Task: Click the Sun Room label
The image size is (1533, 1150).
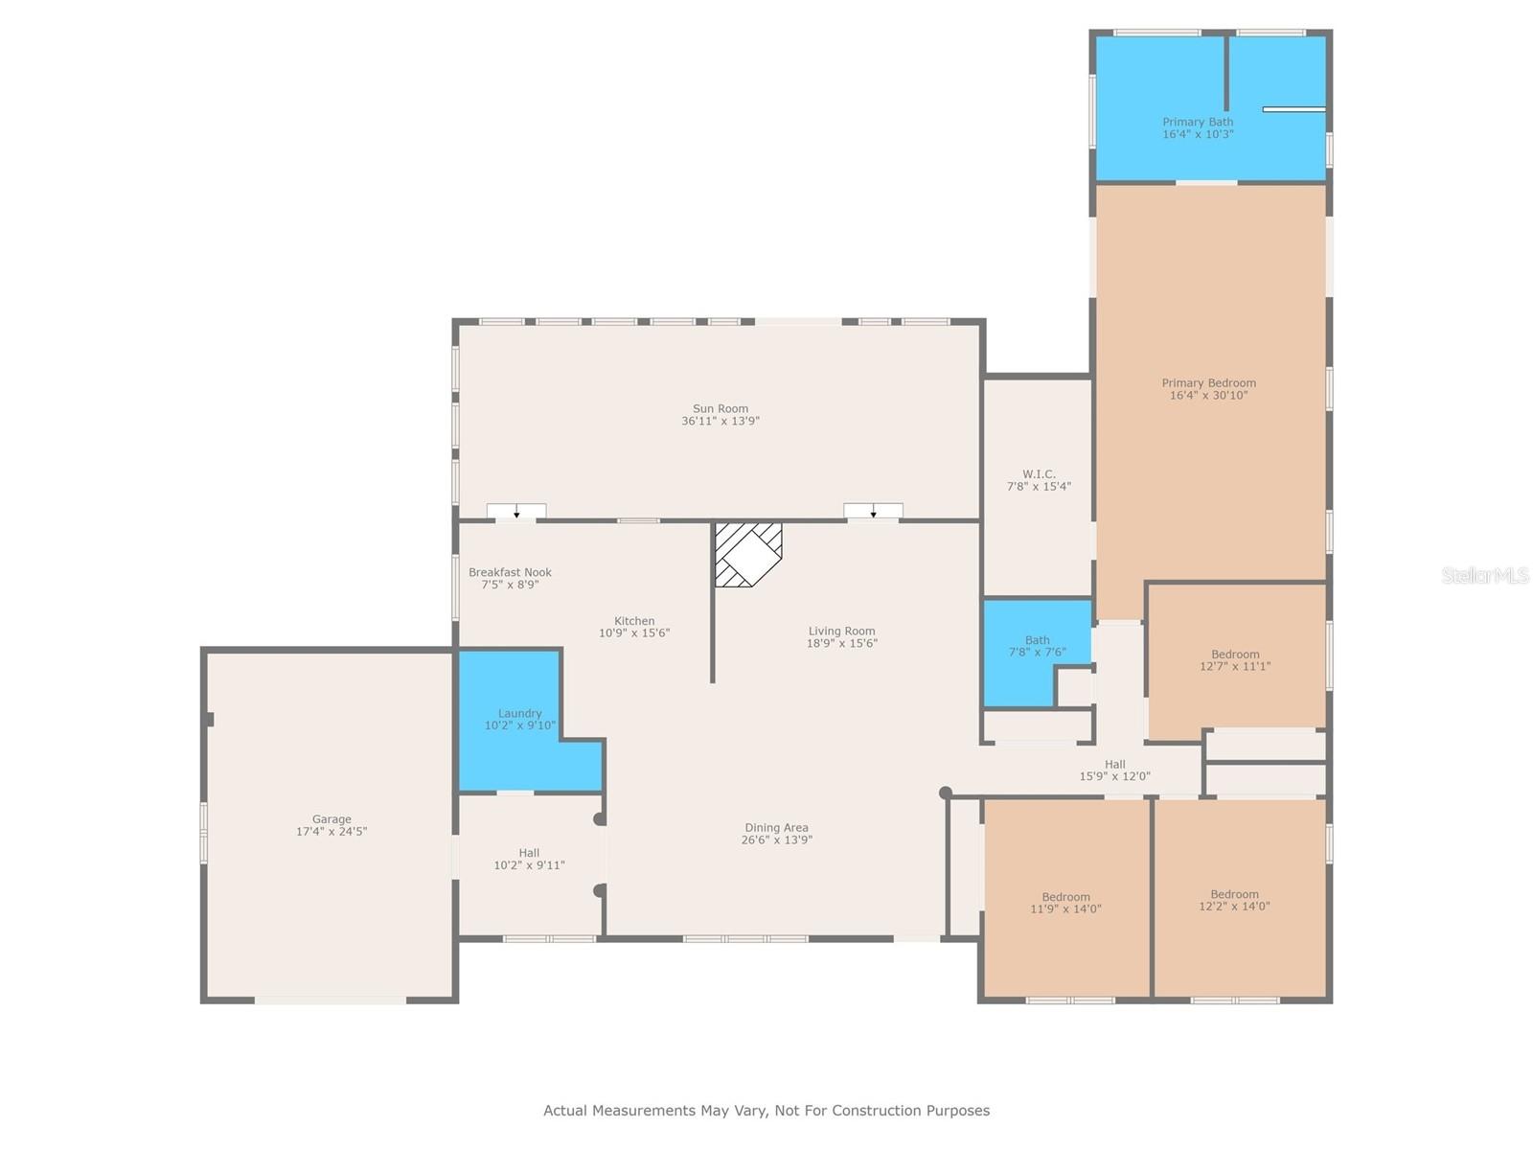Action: [x=721, y=408]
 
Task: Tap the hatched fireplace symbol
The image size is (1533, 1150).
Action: [x=748, y=554]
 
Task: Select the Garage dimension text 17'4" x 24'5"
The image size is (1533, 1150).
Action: [x=332, y=832]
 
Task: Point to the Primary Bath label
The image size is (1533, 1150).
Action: [x=1198, y=122]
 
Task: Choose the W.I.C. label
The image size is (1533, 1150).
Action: [x=1039, y=474]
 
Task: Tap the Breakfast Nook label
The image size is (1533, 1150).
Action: [x=510, y=572]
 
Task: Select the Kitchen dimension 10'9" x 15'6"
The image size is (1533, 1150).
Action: [x=634, y=633]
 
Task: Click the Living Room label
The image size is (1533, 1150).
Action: [x=841, y=631]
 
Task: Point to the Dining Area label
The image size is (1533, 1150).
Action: [x=776, y=827]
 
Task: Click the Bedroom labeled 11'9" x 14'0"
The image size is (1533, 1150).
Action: [x=1065, y=903]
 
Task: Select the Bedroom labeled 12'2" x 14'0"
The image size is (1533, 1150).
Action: [x=1234, y=900]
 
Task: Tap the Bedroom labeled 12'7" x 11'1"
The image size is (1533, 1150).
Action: [x=1235, y=660]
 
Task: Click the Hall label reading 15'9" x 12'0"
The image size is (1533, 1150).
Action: [x=1114, y=770]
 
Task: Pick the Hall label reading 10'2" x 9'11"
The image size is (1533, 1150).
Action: [x=529, y=859]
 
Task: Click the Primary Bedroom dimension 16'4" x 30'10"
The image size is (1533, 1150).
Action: [x=1208, y=395]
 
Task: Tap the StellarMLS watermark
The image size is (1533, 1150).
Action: [x=1485, y=575]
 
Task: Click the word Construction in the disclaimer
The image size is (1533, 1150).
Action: [x=875, y=1111]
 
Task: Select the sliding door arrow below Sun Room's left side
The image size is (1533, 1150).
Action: [x=516, y=514]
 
